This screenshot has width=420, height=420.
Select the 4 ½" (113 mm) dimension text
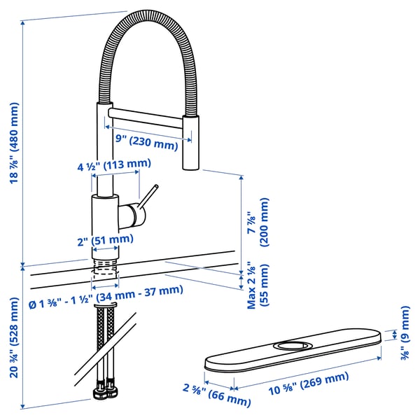coord(114,165)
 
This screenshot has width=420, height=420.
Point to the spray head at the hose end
coord(192,143)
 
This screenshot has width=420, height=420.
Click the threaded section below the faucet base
coord(104,269)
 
